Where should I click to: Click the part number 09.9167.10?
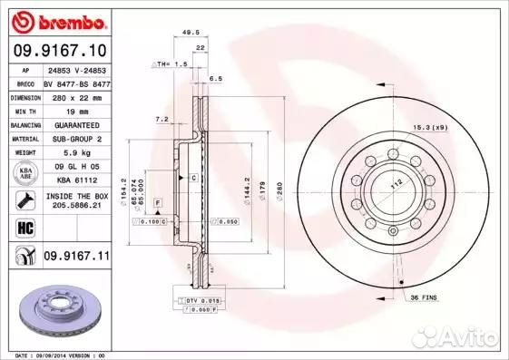[x=58, y=50]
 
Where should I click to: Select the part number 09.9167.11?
[x=76, y=258]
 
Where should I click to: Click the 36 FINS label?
[x=423, y=297]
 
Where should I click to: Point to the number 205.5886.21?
[x=76, y=207]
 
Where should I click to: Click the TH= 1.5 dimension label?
[x=172, y=64]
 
